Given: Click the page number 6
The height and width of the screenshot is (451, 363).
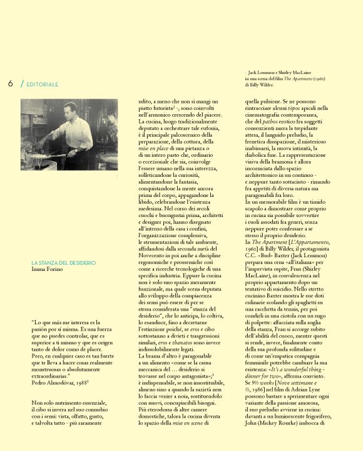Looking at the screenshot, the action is click(x=11, y=83).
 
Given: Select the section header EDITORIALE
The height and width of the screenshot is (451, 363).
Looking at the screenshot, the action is click(x=42, y=84).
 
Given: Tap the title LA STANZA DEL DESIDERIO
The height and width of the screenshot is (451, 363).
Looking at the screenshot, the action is click(x=63, y=263).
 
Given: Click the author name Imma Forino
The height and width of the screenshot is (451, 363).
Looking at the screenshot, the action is click(x=47, y=269).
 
